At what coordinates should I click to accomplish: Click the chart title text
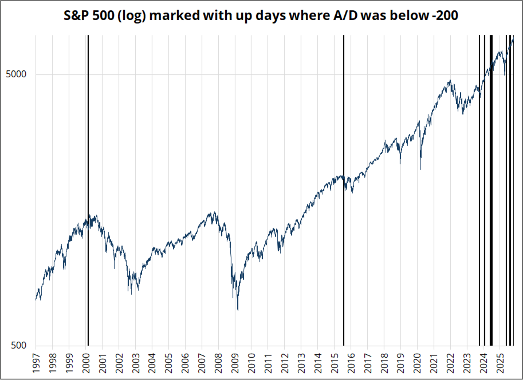pyautogui.click(x=261, y=16)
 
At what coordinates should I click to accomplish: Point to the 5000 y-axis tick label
pyautogui.click(x=17, y=74)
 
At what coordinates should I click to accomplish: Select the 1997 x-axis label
pyautogui.click(x=36, y=362)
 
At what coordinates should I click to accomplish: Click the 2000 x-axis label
pyautogui.click(x=85, y=362)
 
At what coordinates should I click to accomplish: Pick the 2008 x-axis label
pyautogui.click(x=218, y=362)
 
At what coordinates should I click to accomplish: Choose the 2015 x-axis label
pyautogui.click(x=335, y=362)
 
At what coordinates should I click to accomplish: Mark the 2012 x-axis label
pyautogui.click(x=285, y=362)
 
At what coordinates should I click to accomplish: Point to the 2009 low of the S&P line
pyautogui.click(x=238, y=310)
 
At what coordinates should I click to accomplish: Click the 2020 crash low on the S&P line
pyautogui.click(x=421, y=169)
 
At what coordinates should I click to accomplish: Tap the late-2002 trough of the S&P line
pyautogui.click(x=131, y=294)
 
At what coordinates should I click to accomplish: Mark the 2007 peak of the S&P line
pyautogui.click(x=214, y=213)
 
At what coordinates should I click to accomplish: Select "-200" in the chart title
pyautogui.click(x=445, y=16)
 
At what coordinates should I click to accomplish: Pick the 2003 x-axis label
pyautogui.click(x=135, y=362)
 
